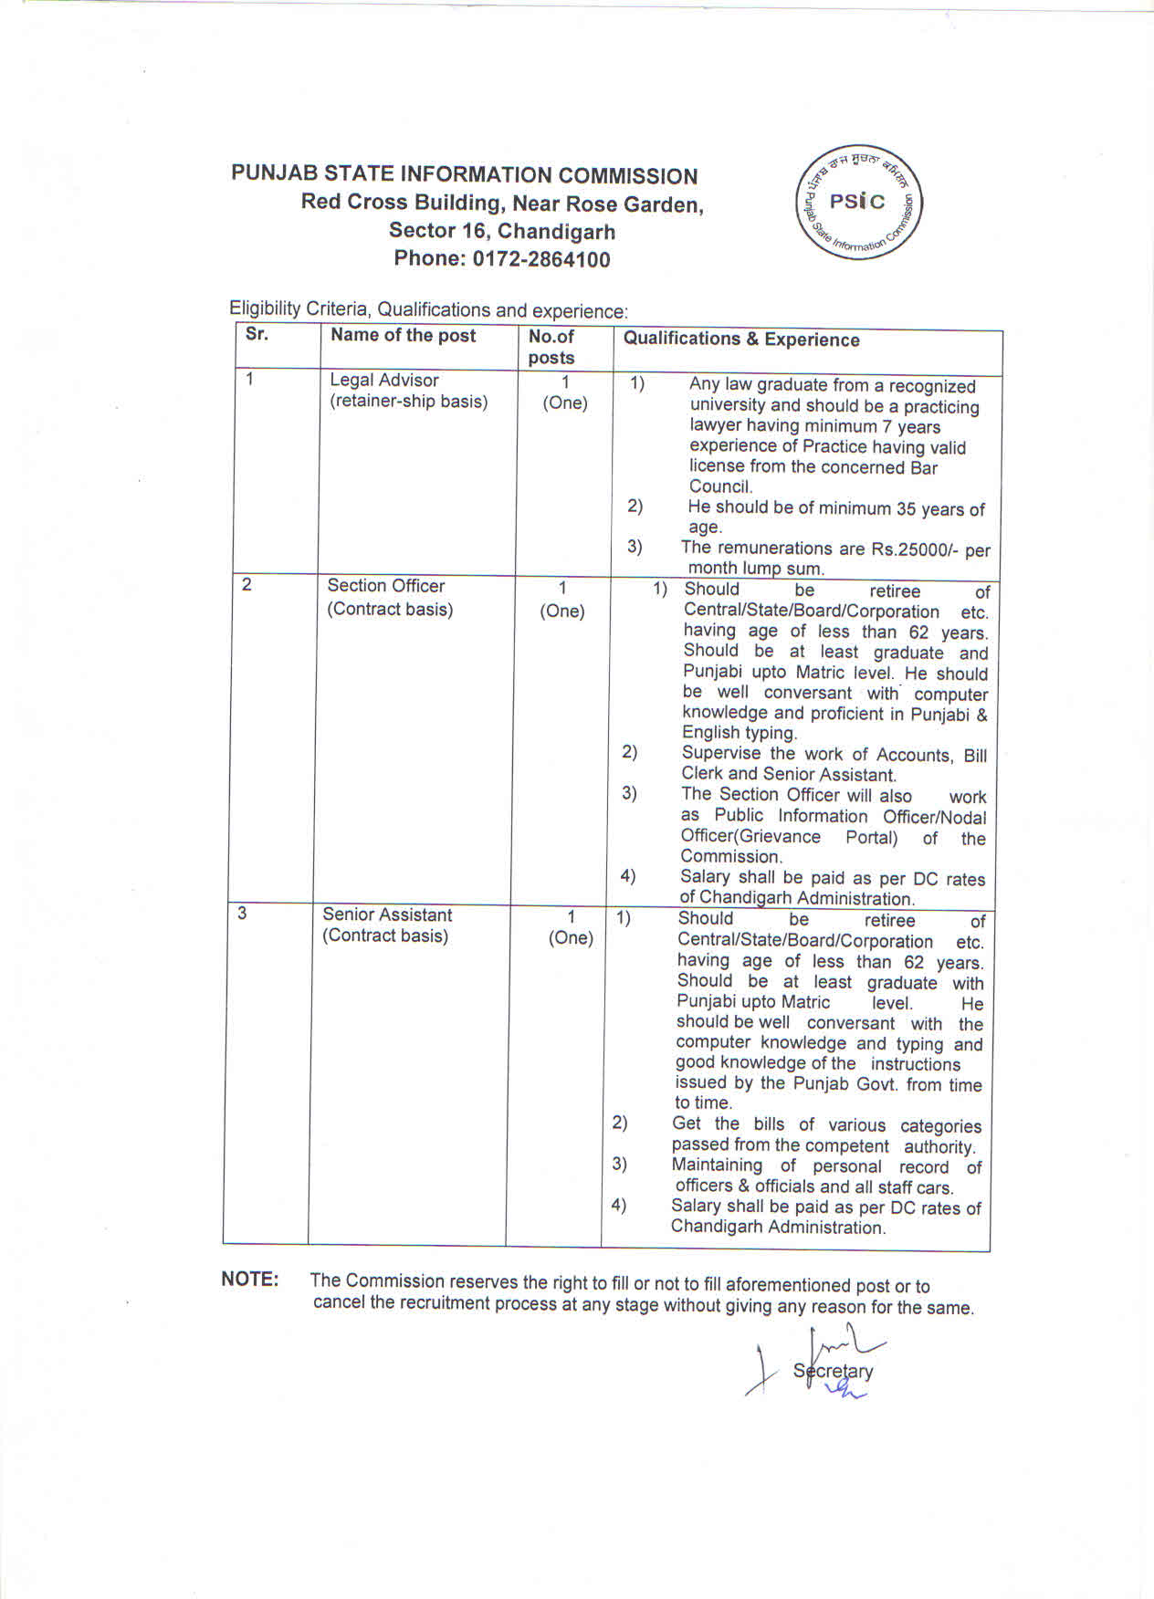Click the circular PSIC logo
click(859, 203)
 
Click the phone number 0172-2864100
click(540, 259)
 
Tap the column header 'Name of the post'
click(403, 335)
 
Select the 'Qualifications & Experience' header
click(741, 340)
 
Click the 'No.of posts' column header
click(551, 347)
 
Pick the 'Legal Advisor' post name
click(384, 380)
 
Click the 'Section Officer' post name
click(386, 586)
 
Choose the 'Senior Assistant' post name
click(387, 914)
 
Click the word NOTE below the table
click(249, 1280)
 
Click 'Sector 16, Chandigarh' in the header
click(502, 231)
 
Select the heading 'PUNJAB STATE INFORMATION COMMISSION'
click(464, 175)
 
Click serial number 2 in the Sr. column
click(247, 584)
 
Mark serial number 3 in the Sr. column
click(242, 913)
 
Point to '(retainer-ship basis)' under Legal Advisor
click(409, 402)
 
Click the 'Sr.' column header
click(257, 334)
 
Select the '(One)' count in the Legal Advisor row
click(565, 402)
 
